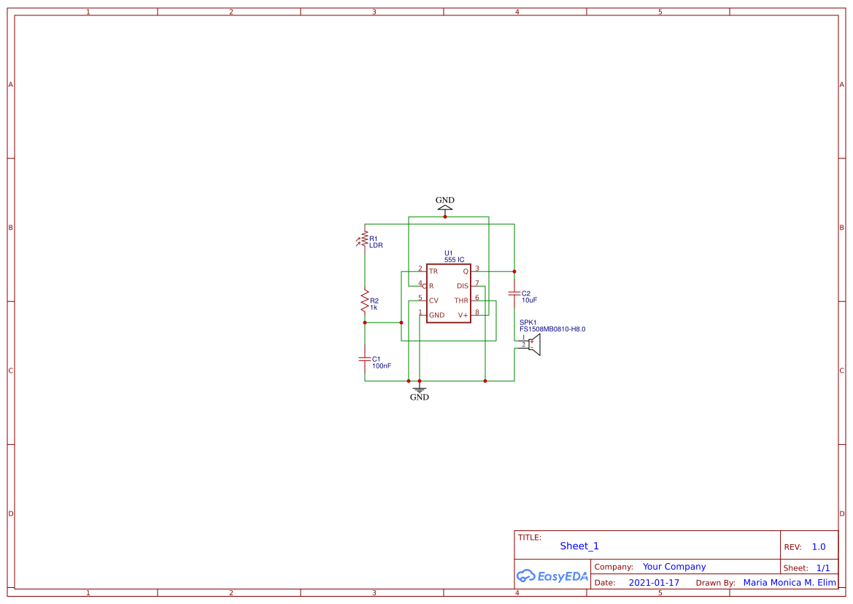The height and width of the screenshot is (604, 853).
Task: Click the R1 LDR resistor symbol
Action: (x=364, y=239)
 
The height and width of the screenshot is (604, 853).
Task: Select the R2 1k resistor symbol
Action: (x=365, y=301)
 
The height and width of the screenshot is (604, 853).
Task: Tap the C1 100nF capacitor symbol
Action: (x=365, y=359)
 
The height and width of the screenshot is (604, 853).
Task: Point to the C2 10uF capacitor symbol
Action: (x=514, y=293)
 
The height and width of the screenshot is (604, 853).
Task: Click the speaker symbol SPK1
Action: (x=534, y=345)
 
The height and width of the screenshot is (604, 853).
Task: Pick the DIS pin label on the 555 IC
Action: (x=463, y=286)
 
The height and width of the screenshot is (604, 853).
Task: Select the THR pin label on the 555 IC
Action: (x=461, y=301)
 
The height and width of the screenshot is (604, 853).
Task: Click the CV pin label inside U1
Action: (x=433, y=301)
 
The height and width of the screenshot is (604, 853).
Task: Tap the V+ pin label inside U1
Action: (x=463, y=315)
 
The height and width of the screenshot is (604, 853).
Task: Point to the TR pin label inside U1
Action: (x=433, y=271)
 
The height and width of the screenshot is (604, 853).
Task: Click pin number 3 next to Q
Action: (x=477, y=268)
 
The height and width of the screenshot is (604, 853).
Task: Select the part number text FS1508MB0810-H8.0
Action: (x=552, y=330)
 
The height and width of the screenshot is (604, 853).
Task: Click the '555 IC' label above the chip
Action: (x=455, y=260)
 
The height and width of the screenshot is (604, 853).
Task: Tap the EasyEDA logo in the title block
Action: (x=552, y=576)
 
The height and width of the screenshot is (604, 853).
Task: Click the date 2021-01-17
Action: (x=654, y=583)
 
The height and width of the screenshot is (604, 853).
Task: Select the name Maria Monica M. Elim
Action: (x=790, y=583)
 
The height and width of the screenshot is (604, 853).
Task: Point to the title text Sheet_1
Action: (x=579, y=546)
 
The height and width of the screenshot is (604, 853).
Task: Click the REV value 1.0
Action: (x=819, y=547)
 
